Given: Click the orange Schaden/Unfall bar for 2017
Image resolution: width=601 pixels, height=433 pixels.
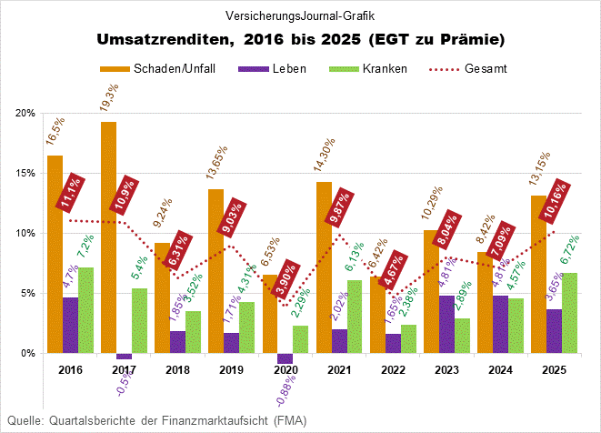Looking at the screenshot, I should click(x=108, y=237).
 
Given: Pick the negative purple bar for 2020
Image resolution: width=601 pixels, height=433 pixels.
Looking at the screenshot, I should click(x=285, y=357).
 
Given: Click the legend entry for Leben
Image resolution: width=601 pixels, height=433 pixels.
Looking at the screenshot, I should click(x=272, y=68).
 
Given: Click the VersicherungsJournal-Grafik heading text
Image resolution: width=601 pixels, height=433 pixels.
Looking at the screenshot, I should click(x=300, y=15).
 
